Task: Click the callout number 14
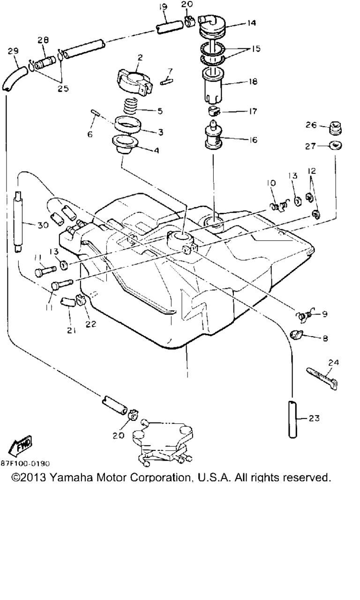(x=252, y=22)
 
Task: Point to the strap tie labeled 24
(x=324, y=377)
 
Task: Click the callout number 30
(x=43, y=225)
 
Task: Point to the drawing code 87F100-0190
(x=25, y=463)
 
